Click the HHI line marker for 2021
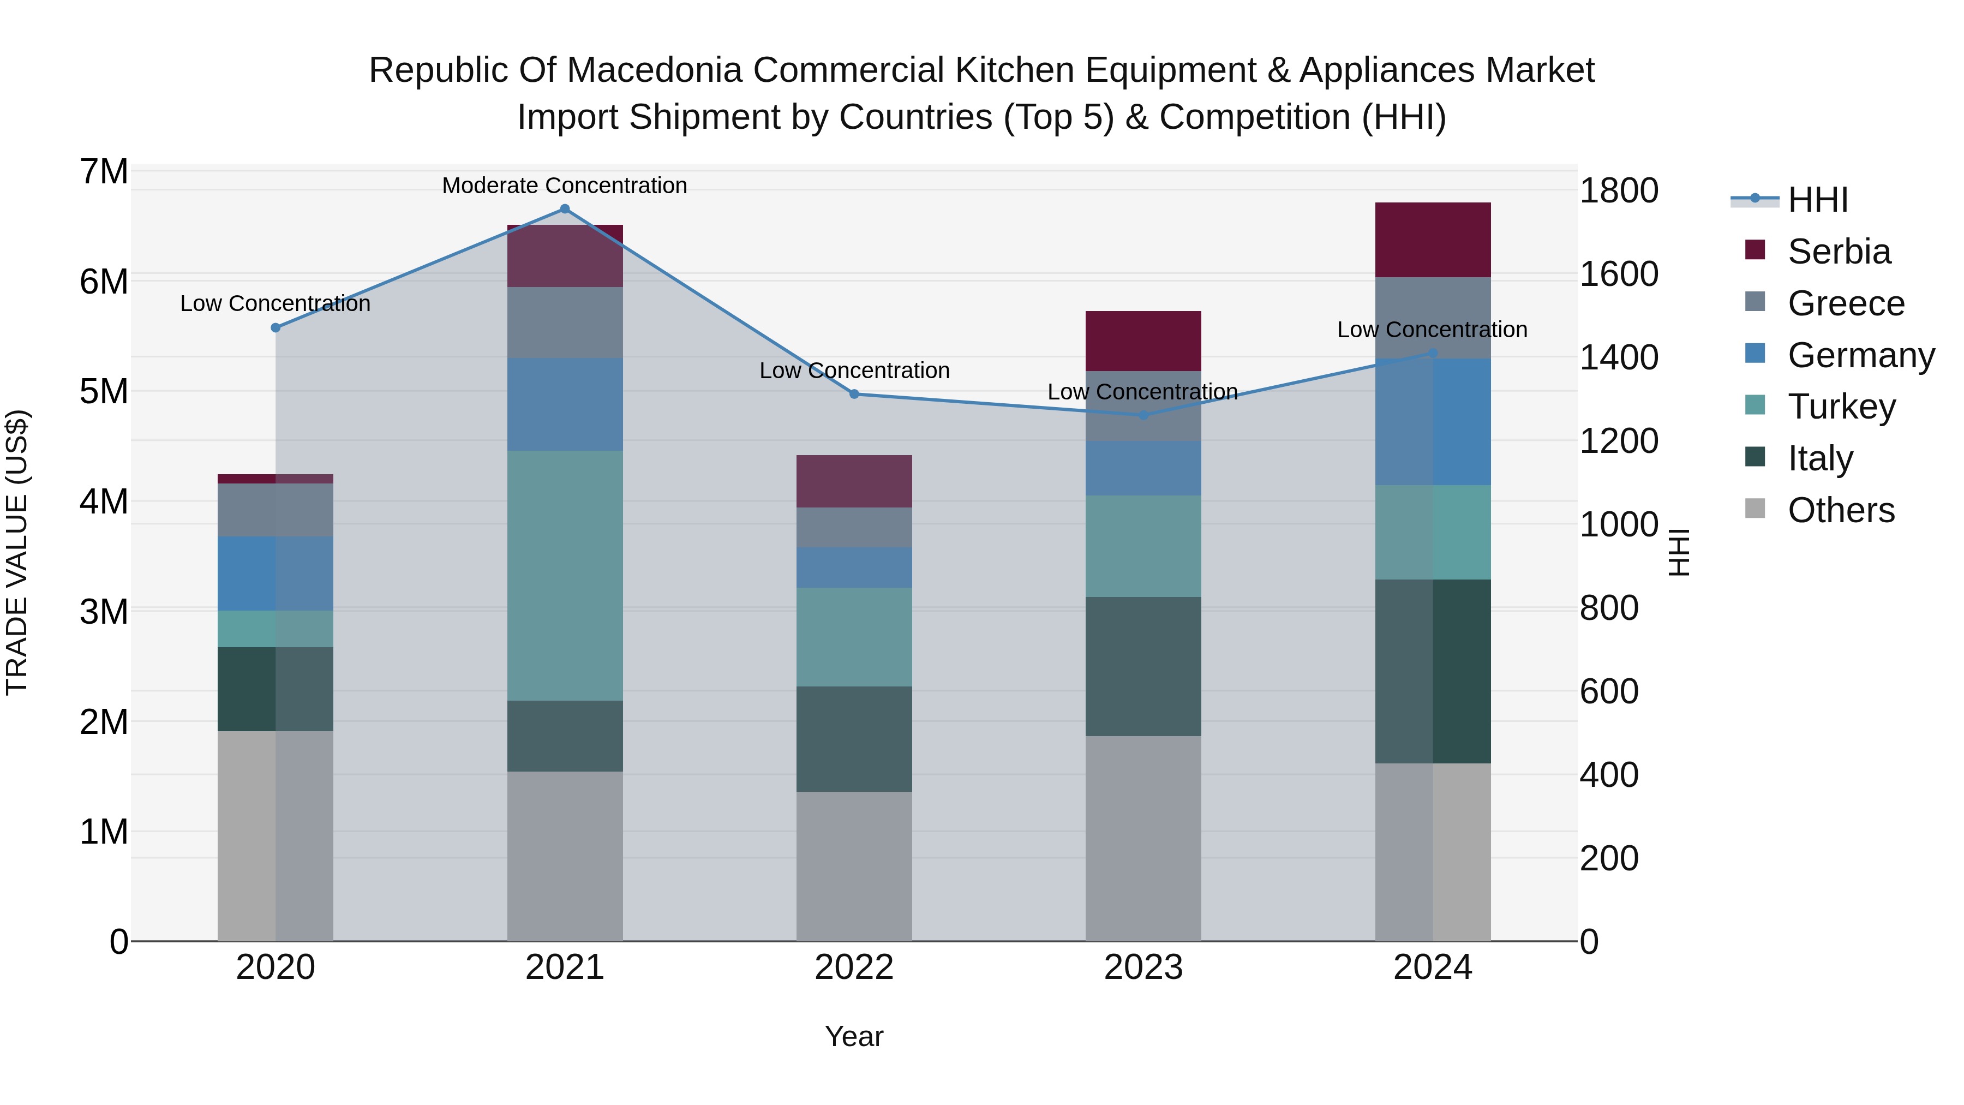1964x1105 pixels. point(565,209)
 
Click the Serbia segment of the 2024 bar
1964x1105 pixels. point(1433,240)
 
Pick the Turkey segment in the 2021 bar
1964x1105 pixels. point(565,575)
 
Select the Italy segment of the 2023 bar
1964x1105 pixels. point(1143,666)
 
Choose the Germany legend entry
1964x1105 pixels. point(1860,355)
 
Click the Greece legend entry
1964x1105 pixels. point(1845,303)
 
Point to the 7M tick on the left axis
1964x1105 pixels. point(104,171)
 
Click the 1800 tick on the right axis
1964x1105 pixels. point(1618,190)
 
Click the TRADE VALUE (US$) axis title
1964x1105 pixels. point(17,552)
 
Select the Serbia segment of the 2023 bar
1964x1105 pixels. point(1143,341)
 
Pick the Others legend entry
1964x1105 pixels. point(1841,510)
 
